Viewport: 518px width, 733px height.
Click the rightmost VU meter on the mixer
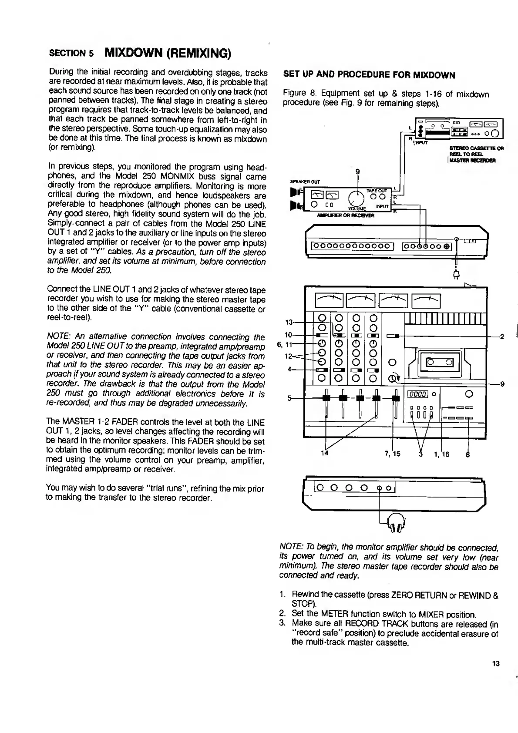point(426,300)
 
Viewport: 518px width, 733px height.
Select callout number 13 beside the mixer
point(289,323)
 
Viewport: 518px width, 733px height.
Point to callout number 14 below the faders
point(324,454)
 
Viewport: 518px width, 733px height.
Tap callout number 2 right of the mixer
point(501,336)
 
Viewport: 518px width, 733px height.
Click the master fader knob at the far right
point(396,397)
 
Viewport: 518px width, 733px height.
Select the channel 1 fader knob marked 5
point(325,397)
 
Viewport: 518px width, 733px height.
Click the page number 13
point(495,664)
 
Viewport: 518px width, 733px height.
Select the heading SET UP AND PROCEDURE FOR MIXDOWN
point(369,75)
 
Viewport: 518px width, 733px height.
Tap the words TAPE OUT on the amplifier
point(377,191)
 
